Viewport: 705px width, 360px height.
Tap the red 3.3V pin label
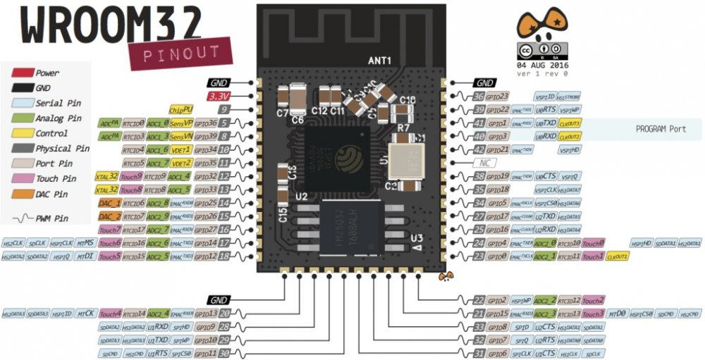[x=219, y=96]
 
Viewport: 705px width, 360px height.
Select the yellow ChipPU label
[x=181, y=109]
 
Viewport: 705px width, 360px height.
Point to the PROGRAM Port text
[x=661, y=130]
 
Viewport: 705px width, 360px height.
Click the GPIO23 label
[x=499, y=96]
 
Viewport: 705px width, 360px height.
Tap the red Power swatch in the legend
[x=24, y=73]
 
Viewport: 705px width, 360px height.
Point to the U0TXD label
[x=544, y=123]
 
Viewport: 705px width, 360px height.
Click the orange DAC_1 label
[x=110, y=202]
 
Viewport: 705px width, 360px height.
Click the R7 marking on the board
[x=403, y=128]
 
